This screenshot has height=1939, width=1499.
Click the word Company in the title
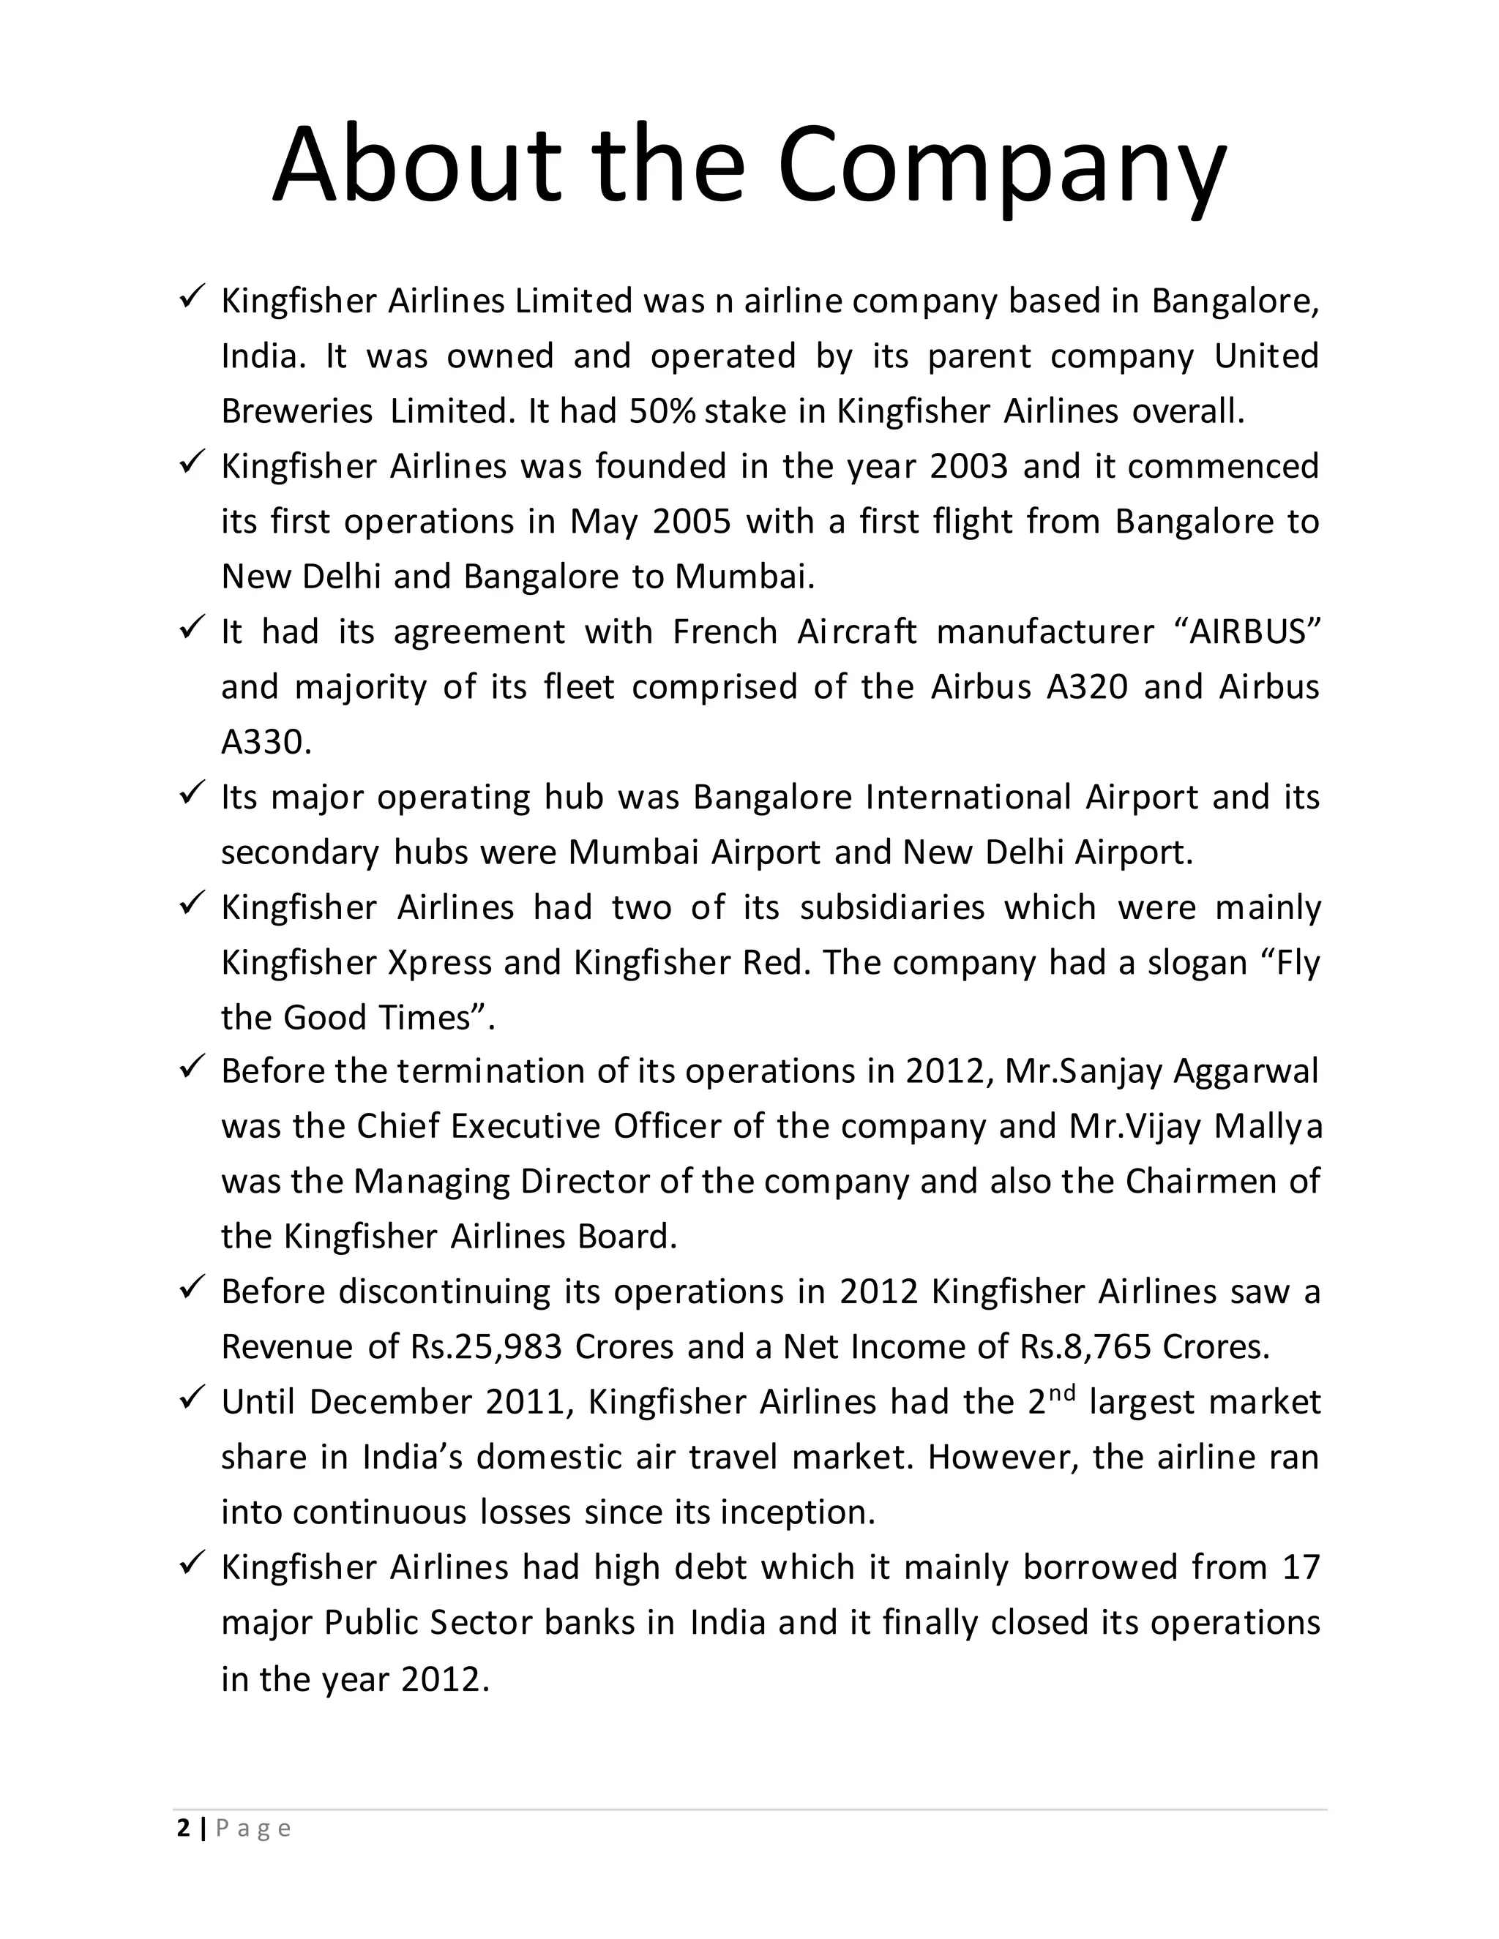[1003, 167]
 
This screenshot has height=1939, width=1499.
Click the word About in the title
[416, 167]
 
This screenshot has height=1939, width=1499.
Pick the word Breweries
[296, 411]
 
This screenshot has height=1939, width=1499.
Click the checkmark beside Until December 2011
[192, 1398]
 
